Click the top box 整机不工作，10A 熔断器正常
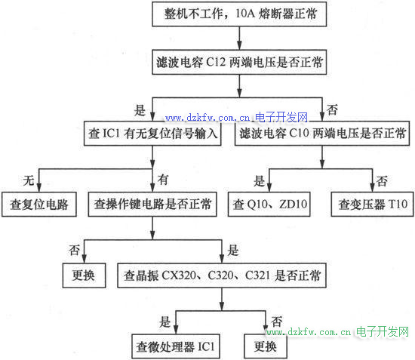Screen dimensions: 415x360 [239, 14]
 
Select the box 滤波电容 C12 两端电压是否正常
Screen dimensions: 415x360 [239, 62]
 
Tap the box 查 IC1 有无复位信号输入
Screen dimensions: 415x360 [152, 133]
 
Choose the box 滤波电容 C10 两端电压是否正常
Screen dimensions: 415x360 [322, 133]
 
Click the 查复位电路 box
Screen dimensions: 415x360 [39, 205]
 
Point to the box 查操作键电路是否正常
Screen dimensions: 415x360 [152, 205]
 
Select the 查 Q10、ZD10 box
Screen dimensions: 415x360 [269, 205]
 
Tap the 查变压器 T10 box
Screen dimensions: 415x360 [373, 205]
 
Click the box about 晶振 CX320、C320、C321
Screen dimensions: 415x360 [222, 275]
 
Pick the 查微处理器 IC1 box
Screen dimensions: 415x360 [176, 346]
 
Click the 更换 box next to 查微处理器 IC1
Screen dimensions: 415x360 [266, 346]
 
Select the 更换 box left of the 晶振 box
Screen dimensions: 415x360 [84, 275]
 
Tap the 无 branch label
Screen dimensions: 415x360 [29, 180]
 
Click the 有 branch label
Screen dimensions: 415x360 [163, 180]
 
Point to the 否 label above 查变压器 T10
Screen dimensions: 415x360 [382, 181]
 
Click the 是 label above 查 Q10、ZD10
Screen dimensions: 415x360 [259, 181]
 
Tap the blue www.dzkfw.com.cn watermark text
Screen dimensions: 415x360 [207, 118]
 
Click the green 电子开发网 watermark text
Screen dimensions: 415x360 [383, 331]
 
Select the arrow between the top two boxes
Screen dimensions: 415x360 [239, 38]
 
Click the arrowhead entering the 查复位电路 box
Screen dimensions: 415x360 [39, 187]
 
